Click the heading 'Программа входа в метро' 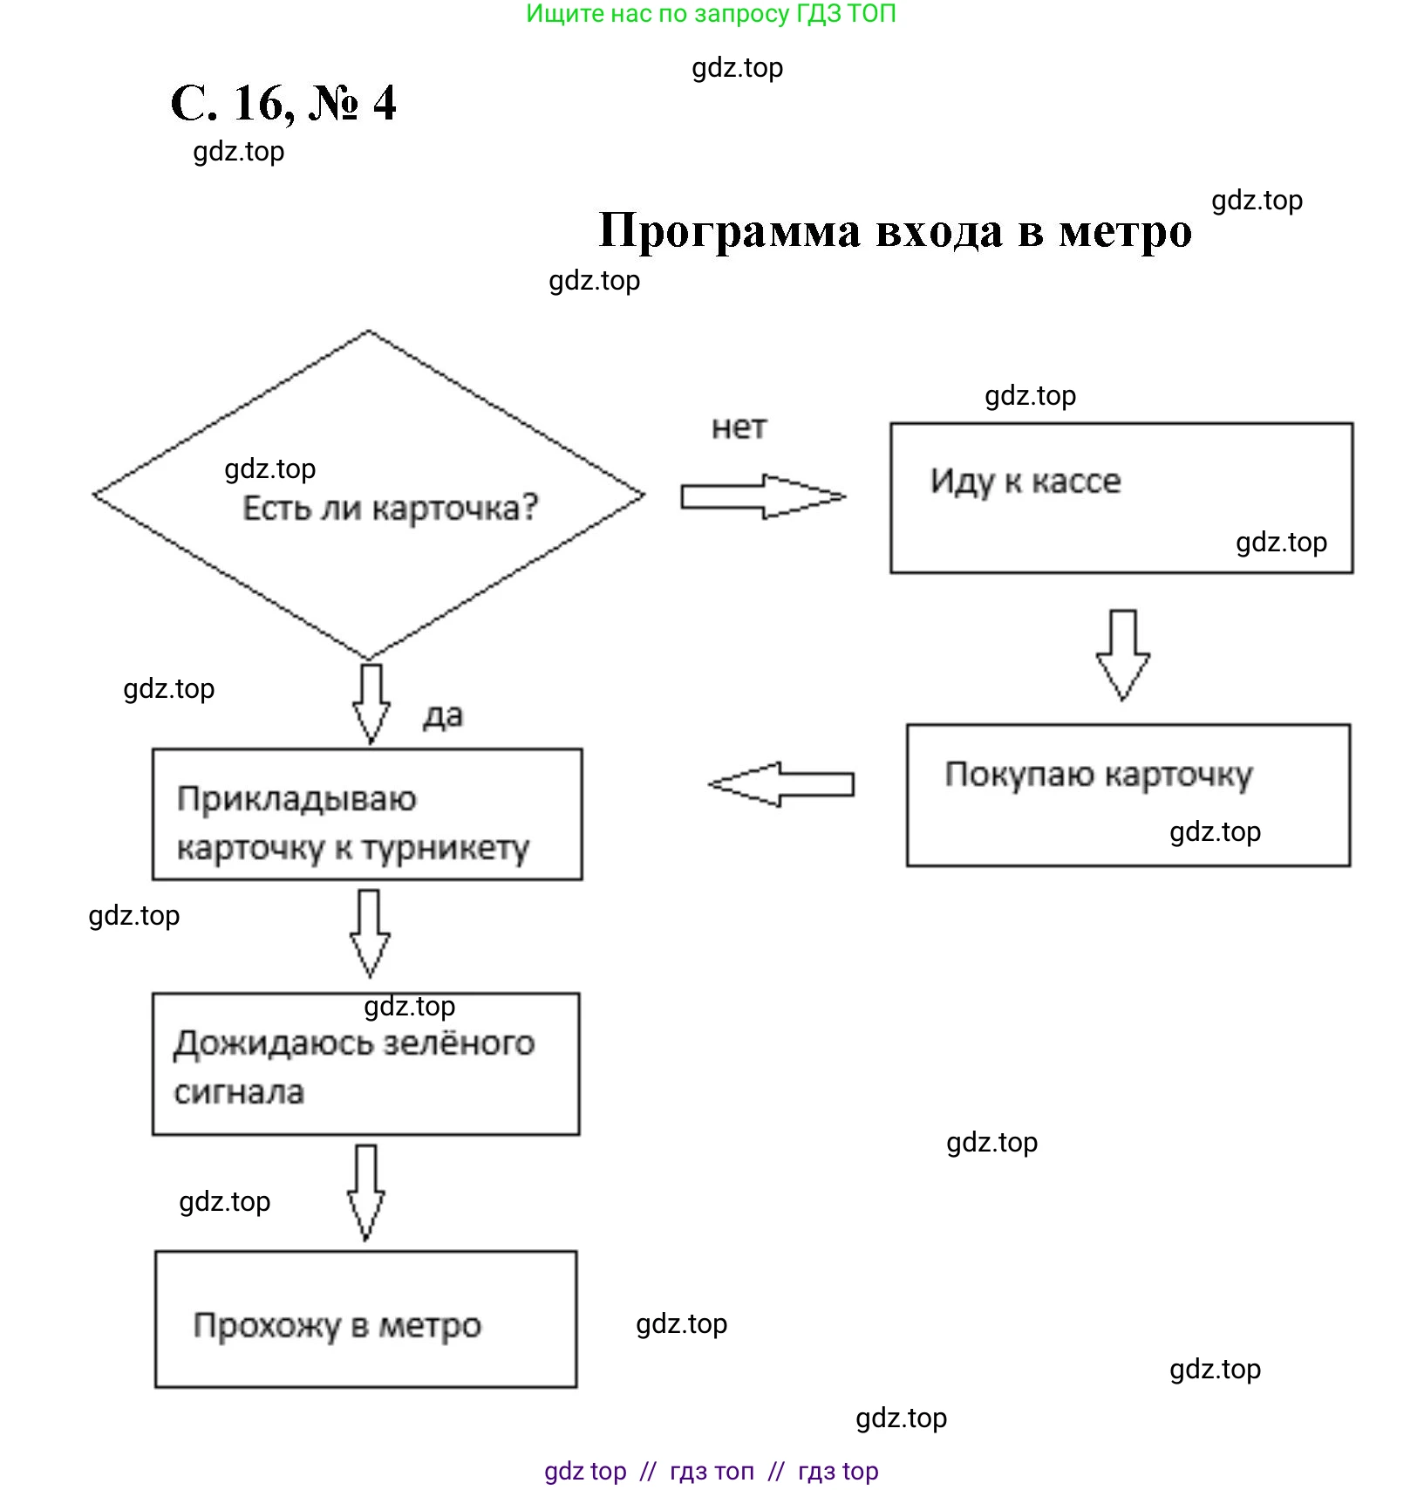click(x=895, y=231)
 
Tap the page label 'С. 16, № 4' click(x=283, y=104)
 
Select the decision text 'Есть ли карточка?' click(x=390, y=508)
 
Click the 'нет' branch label click(x=739, y=427)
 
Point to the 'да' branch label click(x=443, y=715)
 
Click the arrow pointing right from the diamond click(x=762, y=496)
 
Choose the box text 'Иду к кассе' click(x=1025, y=481)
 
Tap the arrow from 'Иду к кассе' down click(x=1122, y=654)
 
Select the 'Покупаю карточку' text click(x=1099, y=775)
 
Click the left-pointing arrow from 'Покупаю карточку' click(x=781, y=783)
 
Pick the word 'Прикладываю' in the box click(x=296, y=799)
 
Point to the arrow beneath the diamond click(x=371, y=703)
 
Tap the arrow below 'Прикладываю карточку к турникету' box click(x=370, y=933)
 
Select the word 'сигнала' click(x=239, y=1092)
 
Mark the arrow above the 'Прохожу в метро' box click(x=366, y=1192)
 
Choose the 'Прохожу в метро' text click(x=337, y=1325)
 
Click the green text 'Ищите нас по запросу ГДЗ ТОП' click(x=711, y=14)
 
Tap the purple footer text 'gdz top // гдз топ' click(x=649, y=1471)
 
